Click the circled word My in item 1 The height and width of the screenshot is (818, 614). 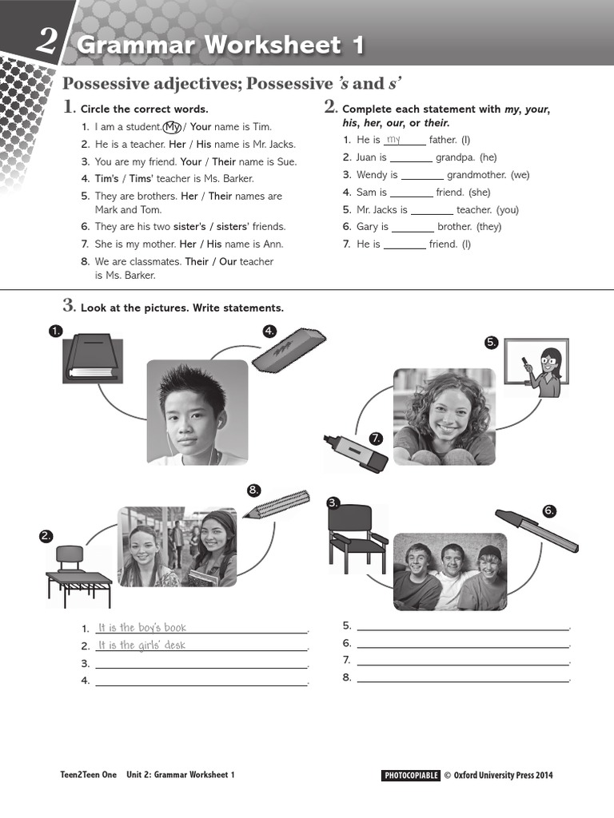172,127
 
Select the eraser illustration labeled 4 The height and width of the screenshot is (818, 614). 289,350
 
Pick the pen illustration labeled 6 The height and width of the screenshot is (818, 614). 536,530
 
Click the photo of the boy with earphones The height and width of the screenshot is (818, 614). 197,412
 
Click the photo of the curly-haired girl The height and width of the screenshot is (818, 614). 444,416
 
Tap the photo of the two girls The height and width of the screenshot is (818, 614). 177,547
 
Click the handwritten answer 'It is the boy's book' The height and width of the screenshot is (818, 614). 142,628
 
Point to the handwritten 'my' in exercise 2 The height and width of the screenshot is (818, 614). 393,139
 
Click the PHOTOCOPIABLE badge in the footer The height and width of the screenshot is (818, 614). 411,775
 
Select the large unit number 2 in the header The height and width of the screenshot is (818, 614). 46,41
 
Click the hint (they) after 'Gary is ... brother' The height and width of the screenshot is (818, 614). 489,227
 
